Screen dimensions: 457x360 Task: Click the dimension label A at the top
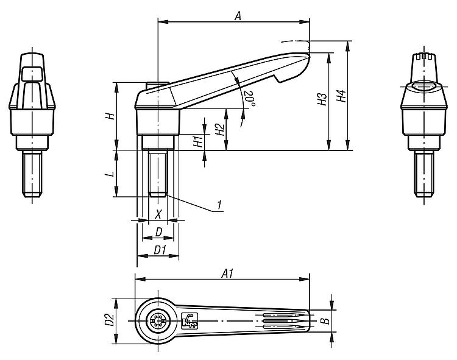(238, 16)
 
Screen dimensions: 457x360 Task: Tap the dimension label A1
(228, 274)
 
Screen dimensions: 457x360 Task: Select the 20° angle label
(249, 99)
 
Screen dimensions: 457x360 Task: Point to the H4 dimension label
(341, 96)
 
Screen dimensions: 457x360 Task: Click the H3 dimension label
(322, 99)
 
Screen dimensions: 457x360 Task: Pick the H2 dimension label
(220, 129)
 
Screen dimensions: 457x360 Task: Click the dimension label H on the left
(110, 116)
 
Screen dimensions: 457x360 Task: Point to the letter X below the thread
(158, 214)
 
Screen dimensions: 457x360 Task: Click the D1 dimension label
(160, 250)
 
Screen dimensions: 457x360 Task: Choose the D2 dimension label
(110, 320)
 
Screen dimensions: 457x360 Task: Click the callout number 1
(219, 205)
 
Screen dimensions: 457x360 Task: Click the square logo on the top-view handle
(190, 320)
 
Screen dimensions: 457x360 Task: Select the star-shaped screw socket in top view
(158, 321)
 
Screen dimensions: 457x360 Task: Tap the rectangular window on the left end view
(32, 73)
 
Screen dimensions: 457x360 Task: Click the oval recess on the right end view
(424, 86)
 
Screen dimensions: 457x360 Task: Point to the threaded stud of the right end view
(424, 174)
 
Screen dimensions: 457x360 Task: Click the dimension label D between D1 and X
(159, 232)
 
